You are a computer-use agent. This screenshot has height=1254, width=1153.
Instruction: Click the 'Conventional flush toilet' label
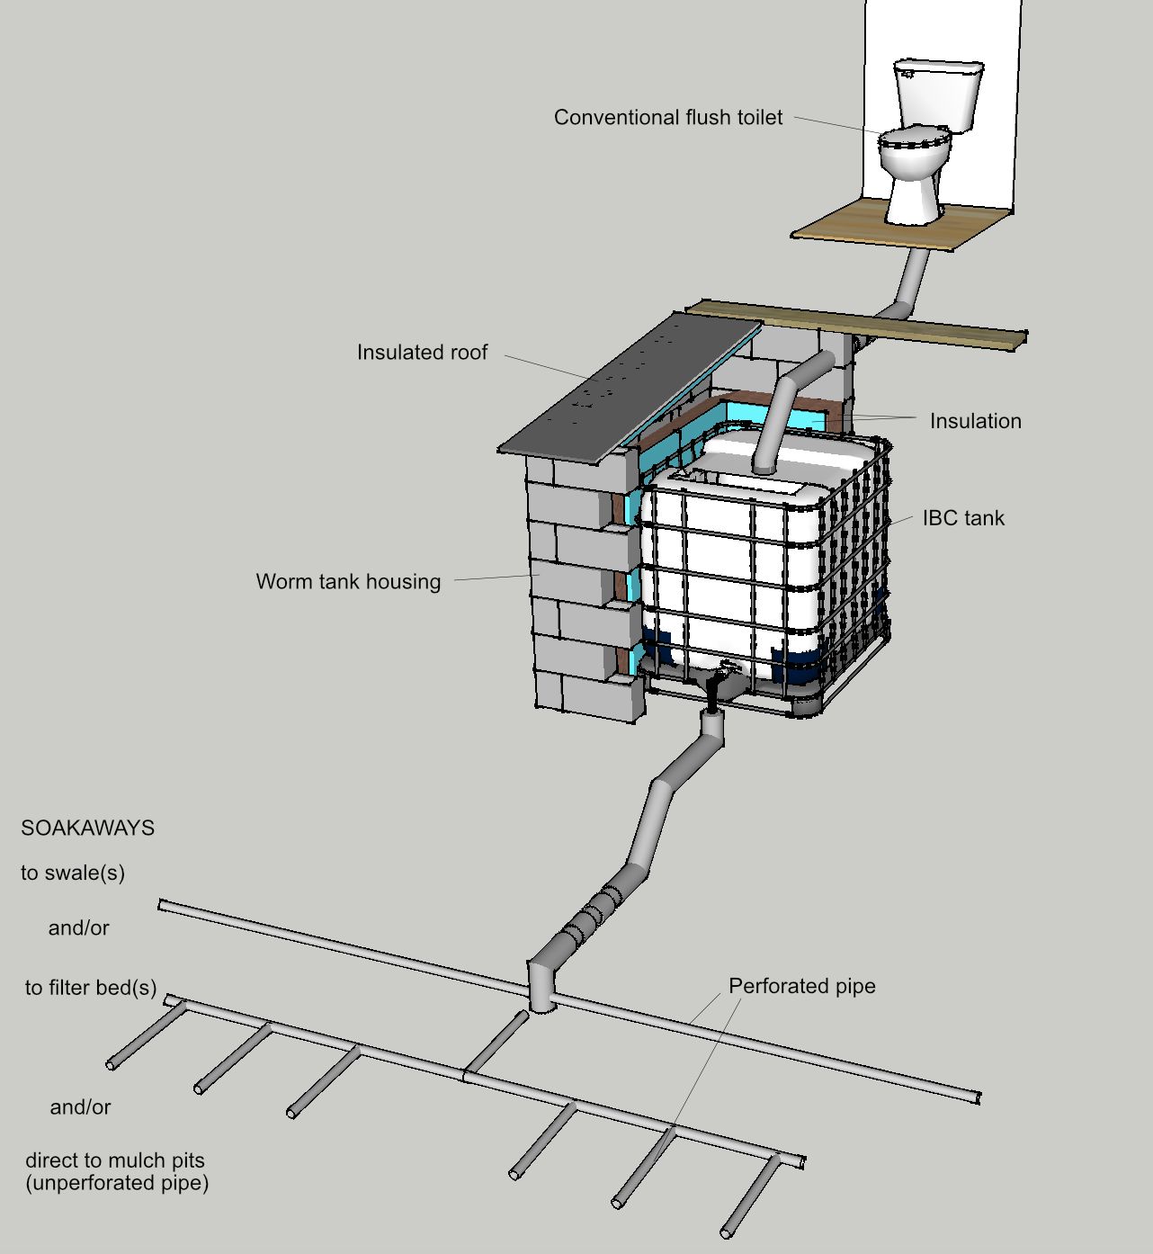click(667, 118)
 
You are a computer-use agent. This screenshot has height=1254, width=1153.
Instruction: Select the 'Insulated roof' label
click(422, 353)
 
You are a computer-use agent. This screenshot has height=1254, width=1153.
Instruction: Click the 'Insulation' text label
click(975, 421)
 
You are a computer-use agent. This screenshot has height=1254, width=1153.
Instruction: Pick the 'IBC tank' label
click(963, 518)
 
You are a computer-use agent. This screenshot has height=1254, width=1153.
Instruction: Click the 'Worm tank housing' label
click(348, 582)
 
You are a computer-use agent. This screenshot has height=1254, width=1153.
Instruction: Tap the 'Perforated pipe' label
click(801, 987)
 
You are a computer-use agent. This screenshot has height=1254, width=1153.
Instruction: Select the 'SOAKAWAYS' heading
click(87, 829)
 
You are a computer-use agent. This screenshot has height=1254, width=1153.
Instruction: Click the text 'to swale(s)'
click(73, 873)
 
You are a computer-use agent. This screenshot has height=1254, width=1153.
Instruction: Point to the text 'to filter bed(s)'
click(91, 989)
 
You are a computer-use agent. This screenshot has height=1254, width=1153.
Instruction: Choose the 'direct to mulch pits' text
click(115, 1160)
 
